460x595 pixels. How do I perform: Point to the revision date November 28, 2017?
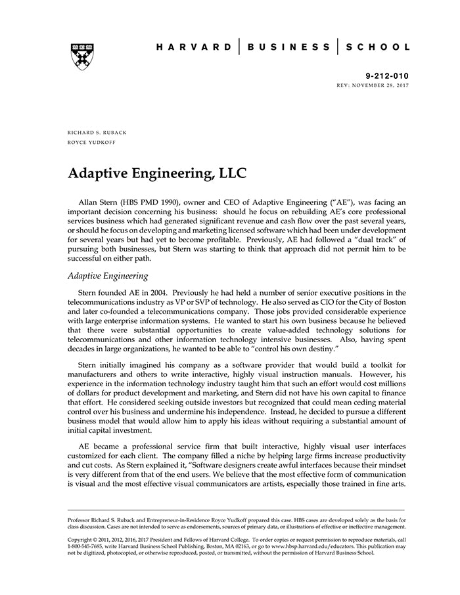(382, 86)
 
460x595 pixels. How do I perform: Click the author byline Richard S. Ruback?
(97, 132)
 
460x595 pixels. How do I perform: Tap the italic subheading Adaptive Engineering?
(108, 276)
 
